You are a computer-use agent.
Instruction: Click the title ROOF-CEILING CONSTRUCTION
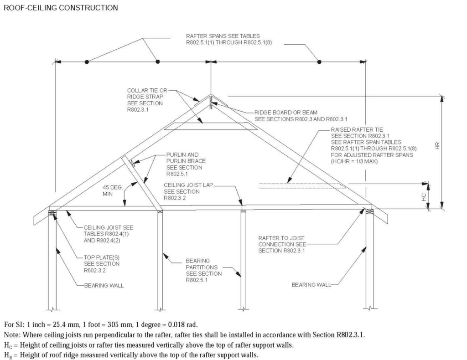coord(60,8)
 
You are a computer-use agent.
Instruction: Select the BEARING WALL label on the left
coord(104,286)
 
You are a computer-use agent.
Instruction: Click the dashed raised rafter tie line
coord(301,185)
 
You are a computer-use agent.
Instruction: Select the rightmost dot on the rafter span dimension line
coord(319,62)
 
